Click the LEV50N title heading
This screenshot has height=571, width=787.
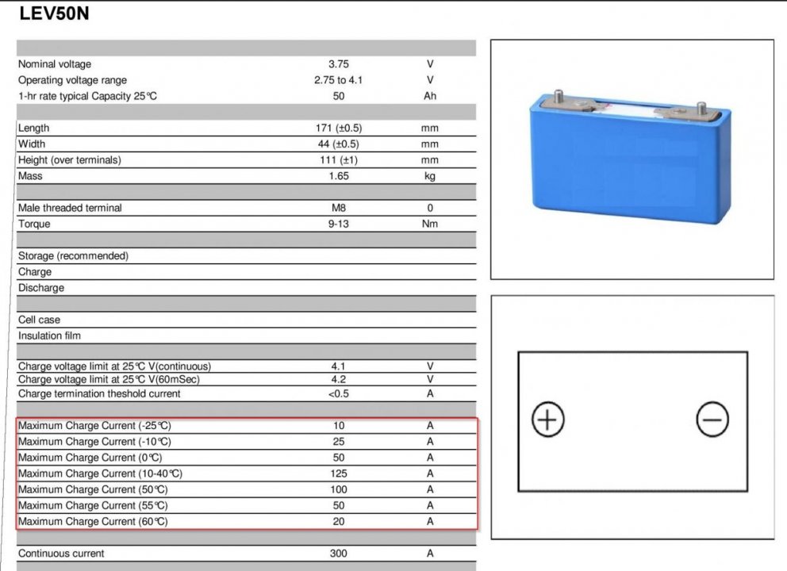tap(54, 15)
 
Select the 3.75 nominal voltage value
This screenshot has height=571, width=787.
tap(339, 64)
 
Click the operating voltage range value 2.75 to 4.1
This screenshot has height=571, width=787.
tap(339, 80)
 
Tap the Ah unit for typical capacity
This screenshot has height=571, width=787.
tap(430, 96)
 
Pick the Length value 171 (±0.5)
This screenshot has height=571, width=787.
tap(339, 128)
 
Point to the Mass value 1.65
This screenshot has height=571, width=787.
tap(339, 176)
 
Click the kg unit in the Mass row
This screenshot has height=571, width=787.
tap(430, 176)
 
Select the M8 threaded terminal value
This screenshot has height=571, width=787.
tap(339, 208)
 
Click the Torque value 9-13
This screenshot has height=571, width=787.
tap(339, 224)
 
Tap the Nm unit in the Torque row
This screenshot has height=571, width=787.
tap(430, 224)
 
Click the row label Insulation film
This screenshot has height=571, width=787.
tap(49, 335)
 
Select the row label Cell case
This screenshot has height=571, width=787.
tap(39, 320)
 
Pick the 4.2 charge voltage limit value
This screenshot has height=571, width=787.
tap(339, 379)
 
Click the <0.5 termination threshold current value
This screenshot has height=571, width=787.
tap(339, 393)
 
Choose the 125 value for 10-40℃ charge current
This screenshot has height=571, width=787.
tap(339, 473)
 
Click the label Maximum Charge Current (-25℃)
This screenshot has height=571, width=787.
tap(94, 426)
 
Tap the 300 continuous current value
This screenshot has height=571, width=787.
tap(339, 554)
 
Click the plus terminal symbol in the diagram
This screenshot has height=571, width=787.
tap(547, 420)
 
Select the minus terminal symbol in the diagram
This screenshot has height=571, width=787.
tap(712, 420)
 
